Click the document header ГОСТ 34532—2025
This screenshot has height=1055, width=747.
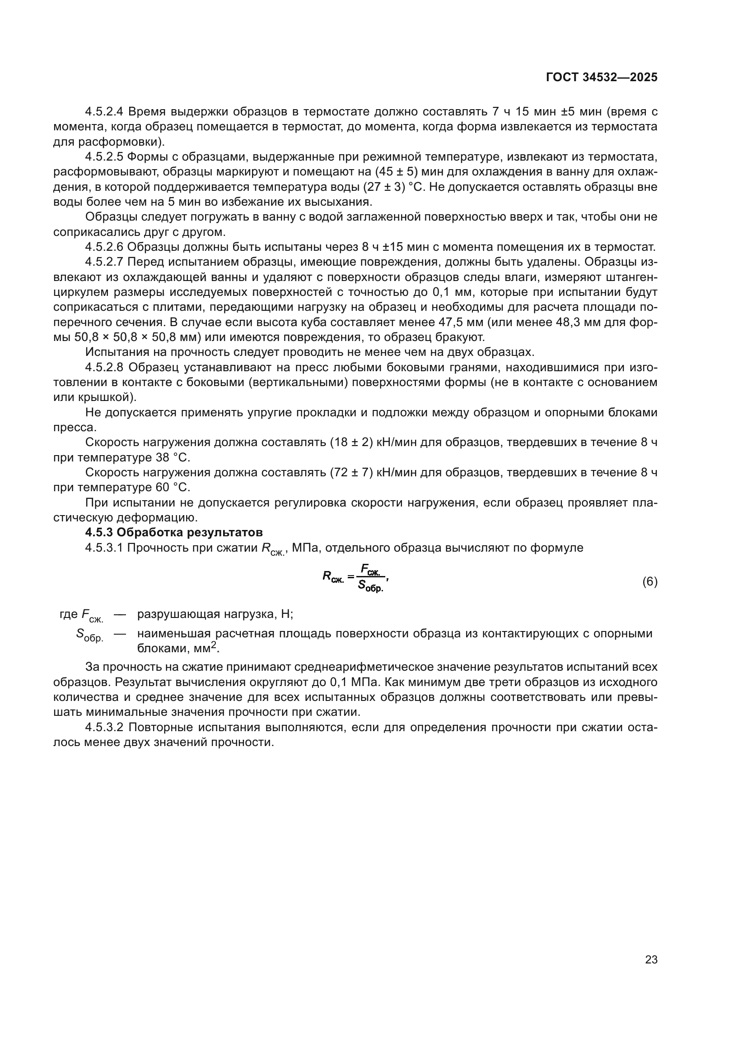point(602,77)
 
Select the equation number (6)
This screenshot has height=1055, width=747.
point(650,582)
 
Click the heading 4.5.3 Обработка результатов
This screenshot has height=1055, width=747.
point(174,533)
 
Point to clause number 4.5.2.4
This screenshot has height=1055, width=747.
point(104,112)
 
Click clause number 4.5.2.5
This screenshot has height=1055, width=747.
point(104,157)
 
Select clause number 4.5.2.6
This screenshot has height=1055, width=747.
point(104,247)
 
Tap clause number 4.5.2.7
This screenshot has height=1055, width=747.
point(104,263)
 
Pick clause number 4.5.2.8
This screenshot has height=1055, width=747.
point(104,368)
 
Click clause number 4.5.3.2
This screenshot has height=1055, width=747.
point(104,728)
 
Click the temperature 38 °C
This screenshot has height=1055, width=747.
point(172,458)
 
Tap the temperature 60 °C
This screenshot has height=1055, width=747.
point(172,488)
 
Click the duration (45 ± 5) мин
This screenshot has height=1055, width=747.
point(404,172)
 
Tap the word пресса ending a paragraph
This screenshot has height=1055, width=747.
point(75,428)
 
